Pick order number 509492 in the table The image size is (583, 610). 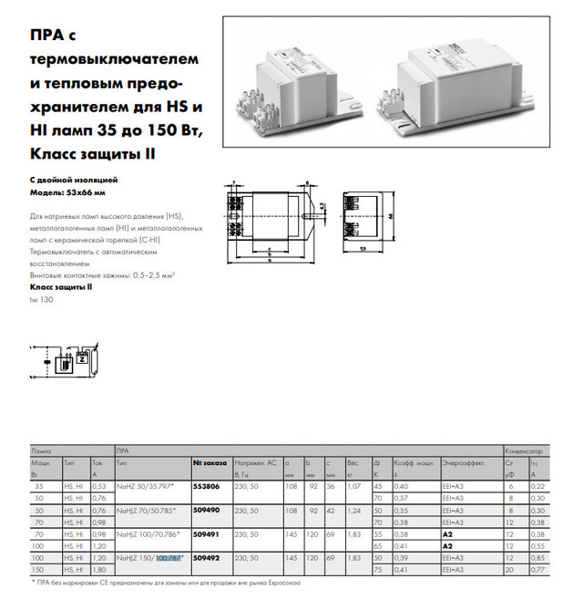pos(207,555)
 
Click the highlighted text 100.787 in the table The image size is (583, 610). pos(169,555)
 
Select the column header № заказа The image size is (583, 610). pos(208,463)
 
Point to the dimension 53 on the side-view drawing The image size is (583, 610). pos(362,247)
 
